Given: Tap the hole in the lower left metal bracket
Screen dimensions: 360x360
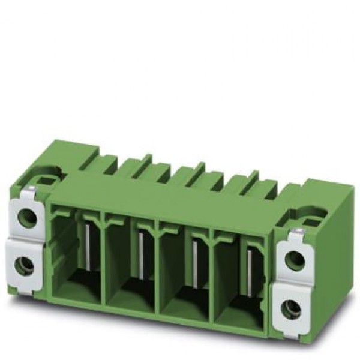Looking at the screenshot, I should click(25, 264).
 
